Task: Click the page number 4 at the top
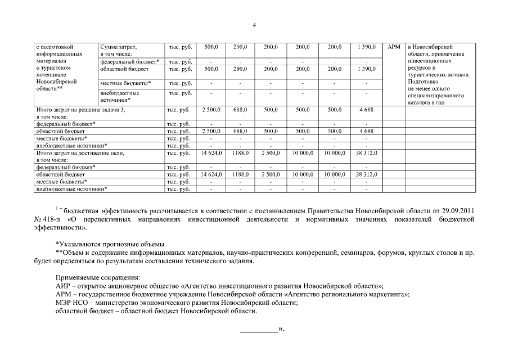coord(254,25)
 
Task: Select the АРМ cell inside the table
coord(394,47)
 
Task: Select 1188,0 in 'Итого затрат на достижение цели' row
coord(240,152)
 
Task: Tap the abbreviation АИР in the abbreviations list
coord(64,286)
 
